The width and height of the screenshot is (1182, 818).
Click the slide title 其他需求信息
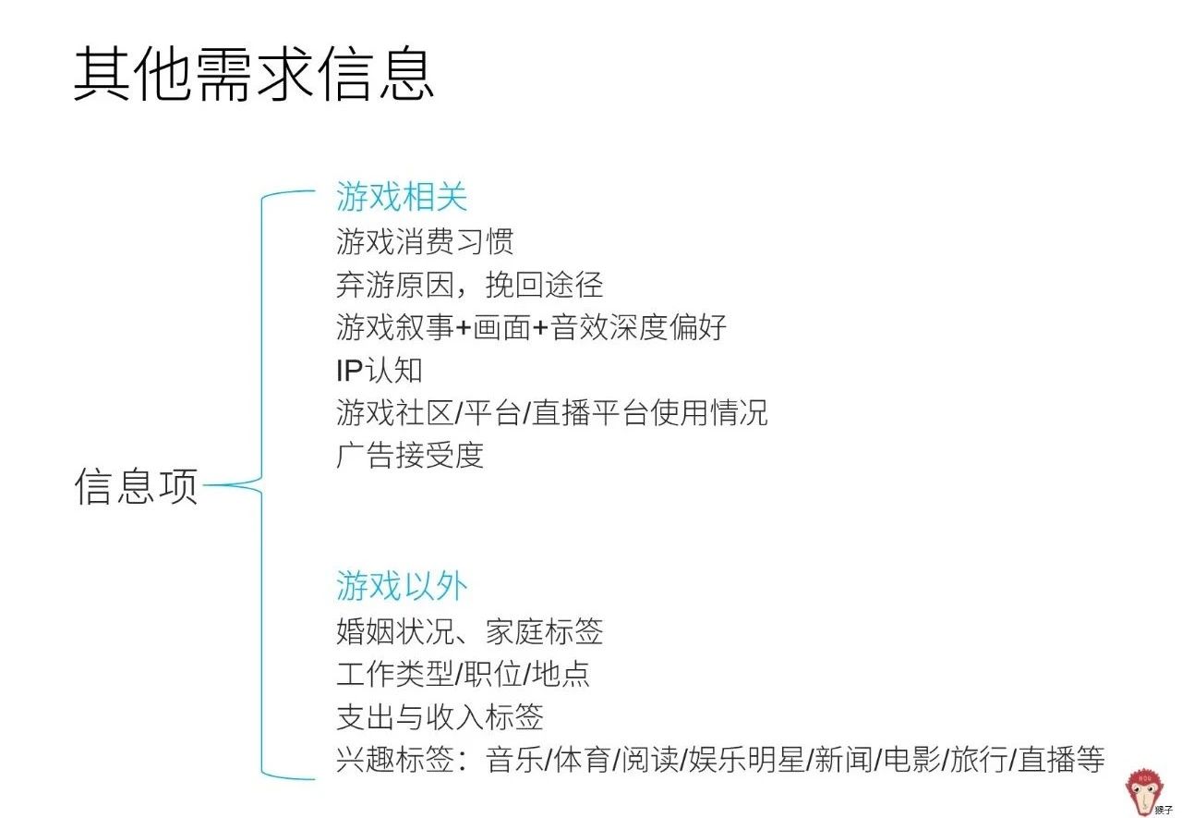(254, 75)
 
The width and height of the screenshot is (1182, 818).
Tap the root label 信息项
(137, 486)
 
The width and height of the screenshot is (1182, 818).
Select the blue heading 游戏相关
(402, 197)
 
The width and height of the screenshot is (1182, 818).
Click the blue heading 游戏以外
(402, 586)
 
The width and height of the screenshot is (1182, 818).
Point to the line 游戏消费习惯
(425, 242)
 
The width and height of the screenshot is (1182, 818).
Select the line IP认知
(380, 370)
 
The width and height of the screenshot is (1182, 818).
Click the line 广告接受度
(410, 455)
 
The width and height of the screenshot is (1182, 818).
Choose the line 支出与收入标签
(440, 717)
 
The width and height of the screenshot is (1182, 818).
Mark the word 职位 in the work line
(490, 675)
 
